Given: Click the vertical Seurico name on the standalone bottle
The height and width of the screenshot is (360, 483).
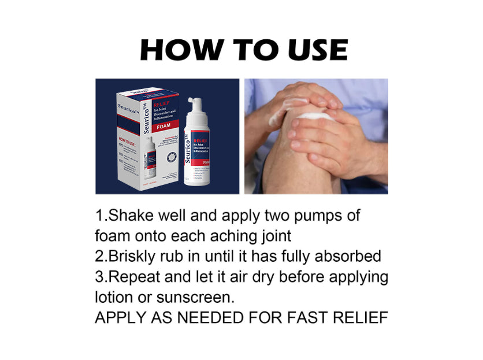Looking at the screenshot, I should (188, 148).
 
